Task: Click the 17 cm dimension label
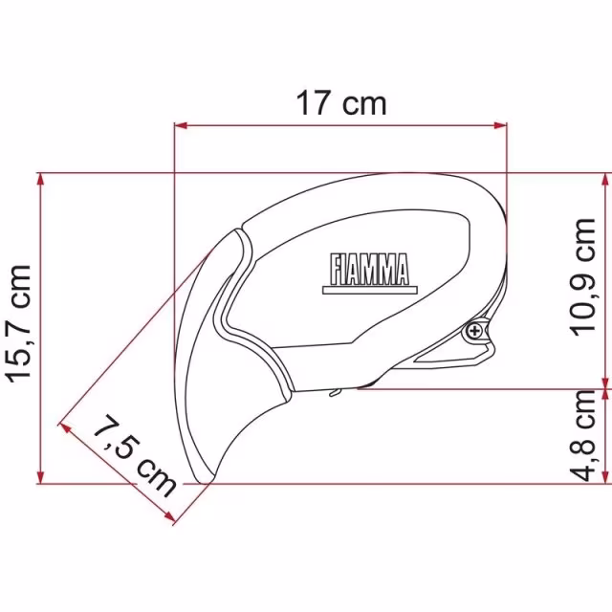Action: [x=341, y=103]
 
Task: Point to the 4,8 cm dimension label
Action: [x=583, y=436]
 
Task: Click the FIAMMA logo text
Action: [x=370, y=270]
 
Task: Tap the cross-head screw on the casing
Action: [x=474, y=332]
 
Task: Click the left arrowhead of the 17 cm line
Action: [x=181, y=125]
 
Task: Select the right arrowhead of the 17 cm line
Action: [x=500, y=125]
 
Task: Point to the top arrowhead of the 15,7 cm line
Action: [x=40, y=180]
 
